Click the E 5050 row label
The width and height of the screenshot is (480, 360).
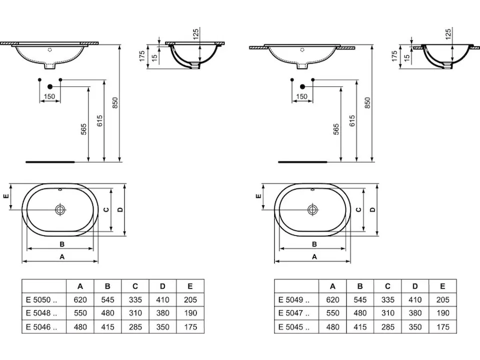coord(41,299)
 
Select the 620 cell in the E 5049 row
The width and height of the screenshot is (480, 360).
coord(333,299)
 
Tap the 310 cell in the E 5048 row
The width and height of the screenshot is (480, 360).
coord(136,313)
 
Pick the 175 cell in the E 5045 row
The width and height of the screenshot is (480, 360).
coord(443,327)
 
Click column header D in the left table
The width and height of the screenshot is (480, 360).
coord(163,286)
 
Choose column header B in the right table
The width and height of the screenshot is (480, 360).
coord(360,286)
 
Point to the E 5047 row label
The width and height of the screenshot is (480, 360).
coord(294,313)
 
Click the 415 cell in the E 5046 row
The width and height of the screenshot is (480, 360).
coord(108,327)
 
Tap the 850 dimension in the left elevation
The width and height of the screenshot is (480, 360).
coord(115,103)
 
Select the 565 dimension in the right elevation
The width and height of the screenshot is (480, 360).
coord(336,129)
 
